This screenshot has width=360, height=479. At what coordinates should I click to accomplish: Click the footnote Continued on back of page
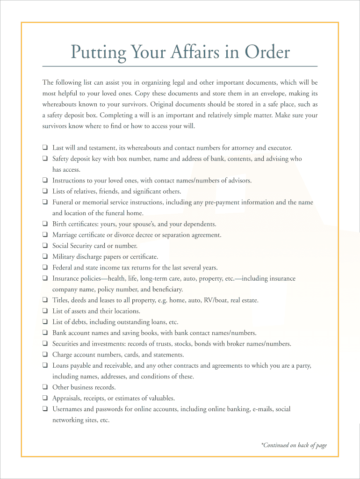(x=294, y=445)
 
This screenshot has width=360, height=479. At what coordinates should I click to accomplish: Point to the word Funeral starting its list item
(x=63, y=203)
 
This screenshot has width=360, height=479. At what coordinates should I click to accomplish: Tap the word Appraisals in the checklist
(x=66, y=398)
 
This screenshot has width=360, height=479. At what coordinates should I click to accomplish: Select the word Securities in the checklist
(x=65, y=344)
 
